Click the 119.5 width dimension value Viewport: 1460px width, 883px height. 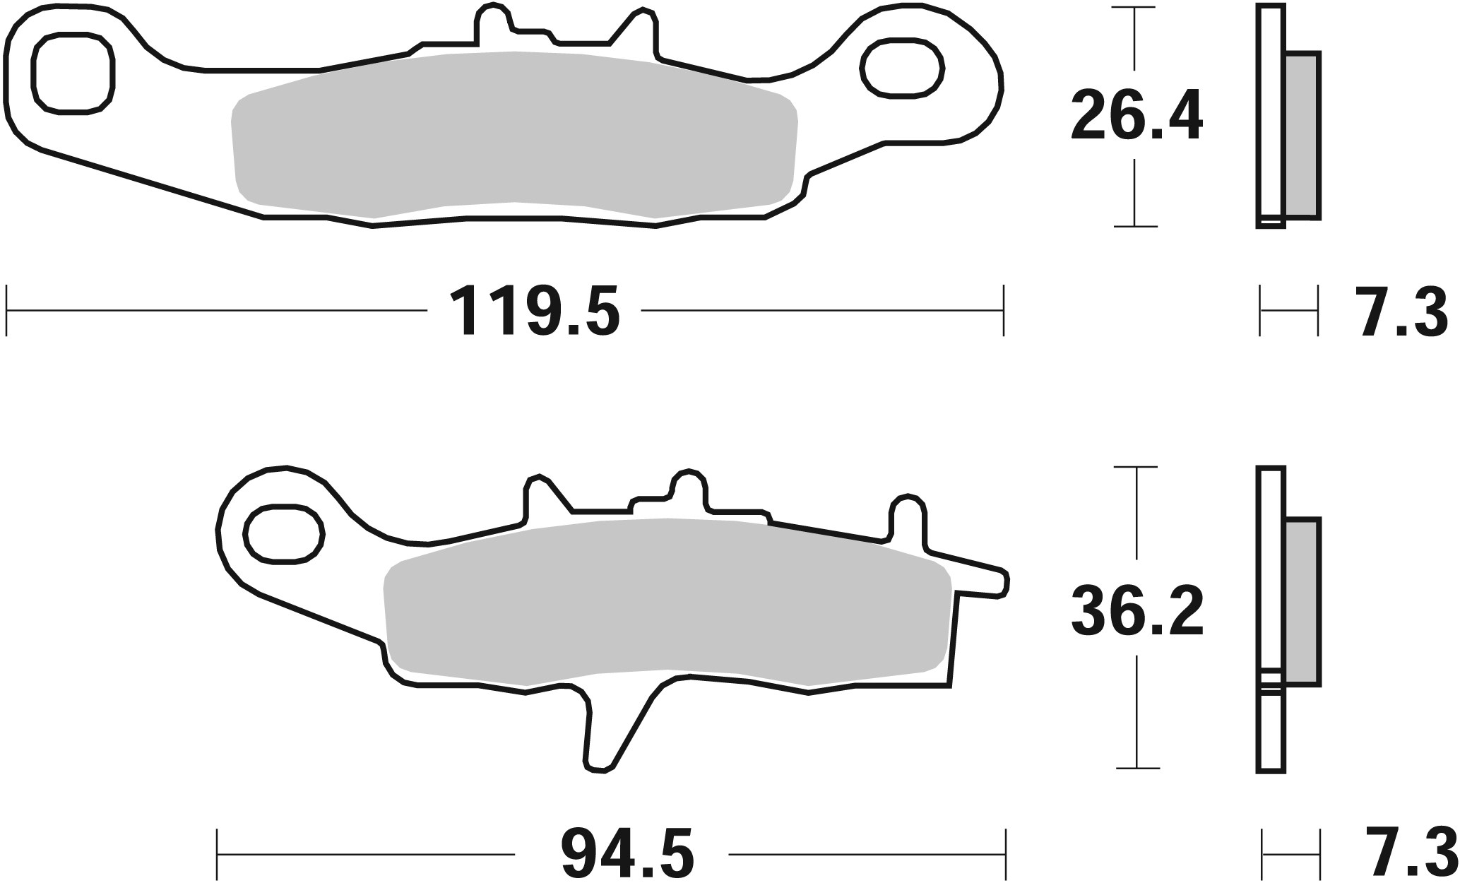535,311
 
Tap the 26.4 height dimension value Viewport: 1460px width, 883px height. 1136,117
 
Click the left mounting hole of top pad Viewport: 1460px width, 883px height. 73,73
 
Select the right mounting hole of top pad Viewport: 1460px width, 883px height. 903,69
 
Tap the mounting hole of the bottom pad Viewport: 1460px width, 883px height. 284,533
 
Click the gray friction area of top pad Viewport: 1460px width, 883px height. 514,134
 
